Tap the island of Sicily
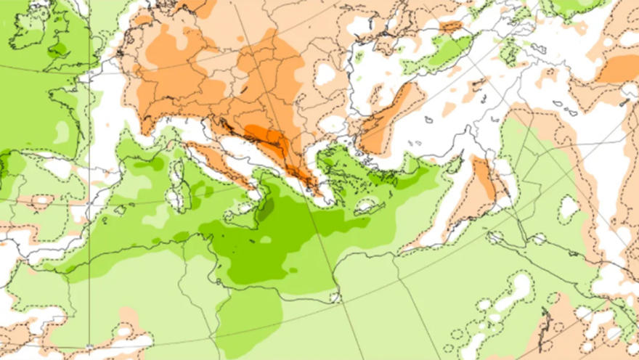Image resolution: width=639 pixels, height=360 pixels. coord(240,213)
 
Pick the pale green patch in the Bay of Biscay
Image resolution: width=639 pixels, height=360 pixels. coord(62,131)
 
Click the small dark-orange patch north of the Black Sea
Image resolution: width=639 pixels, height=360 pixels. coord(451,27)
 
